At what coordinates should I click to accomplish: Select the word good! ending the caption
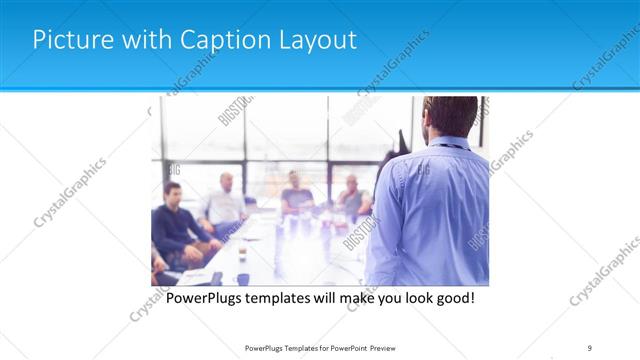[x=451, y=298]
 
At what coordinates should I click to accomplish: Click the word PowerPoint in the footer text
[x=340, y=348]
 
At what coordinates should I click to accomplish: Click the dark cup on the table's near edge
[x=242, y=279]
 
